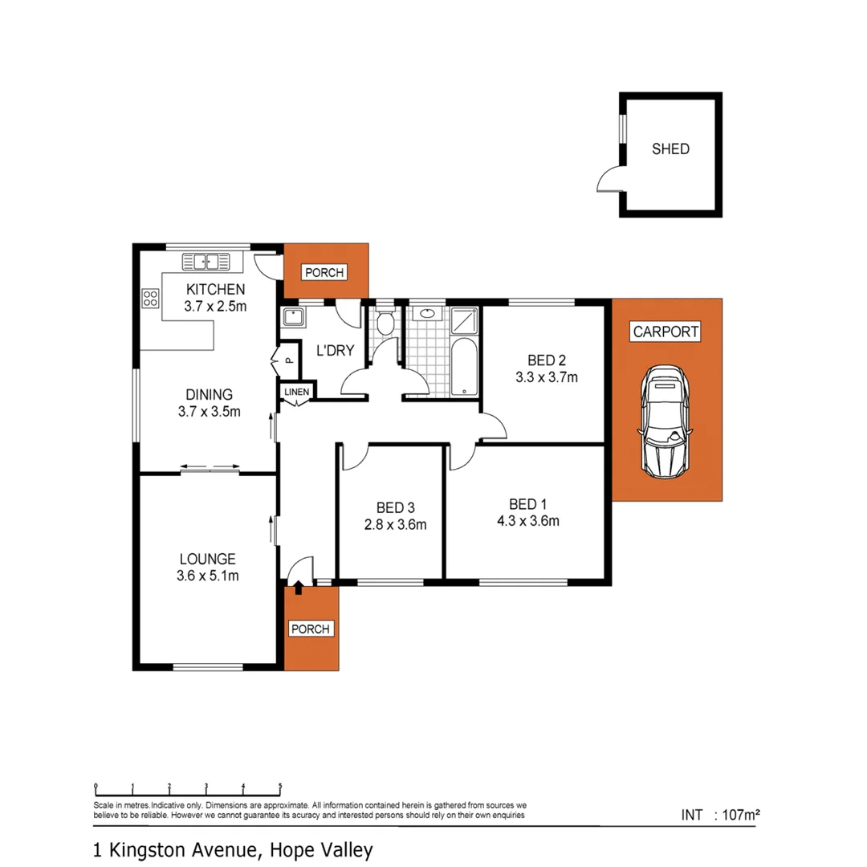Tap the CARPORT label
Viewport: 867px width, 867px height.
pyautogui.click(x=666, y=331)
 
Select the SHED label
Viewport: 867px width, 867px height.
pyautogui.click(x=670, y=149)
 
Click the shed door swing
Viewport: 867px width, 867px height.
pyautogui.click(x=609, y=177)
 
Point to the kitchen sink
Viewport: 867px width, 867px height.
pyautogui.click(x=206, y=261)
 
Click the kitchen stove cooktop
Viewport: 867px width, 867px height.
pyautogui.click(x=150, y=299)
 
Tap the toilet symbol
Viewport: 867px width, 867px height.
pyautogui.click(x=385, y=322)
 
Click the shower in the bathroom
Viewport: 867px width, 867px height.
pyautogui.click(x=465, y=321)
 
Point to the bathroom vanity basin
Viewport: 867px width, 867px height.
pyautogui.click(x=426, y=315)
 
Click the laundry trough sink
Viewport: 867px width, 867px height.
pyautogui.click(x=292, y=317)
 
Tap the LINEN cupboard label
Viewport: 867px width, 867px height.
pyautogui.click(x=297, y=391)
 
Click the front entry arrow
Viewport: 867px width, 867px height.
pyautogui.click(x=299, y=589)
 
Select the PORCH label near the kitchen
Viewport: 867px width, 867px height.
pyautogui.click(x=324, y=273)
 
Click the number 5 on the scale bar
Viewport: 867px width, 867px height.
pyautogui.click(x=279, y=787)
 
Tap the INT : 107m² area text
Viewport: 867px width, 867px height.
pyautogui.click(x=720, y=815)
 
